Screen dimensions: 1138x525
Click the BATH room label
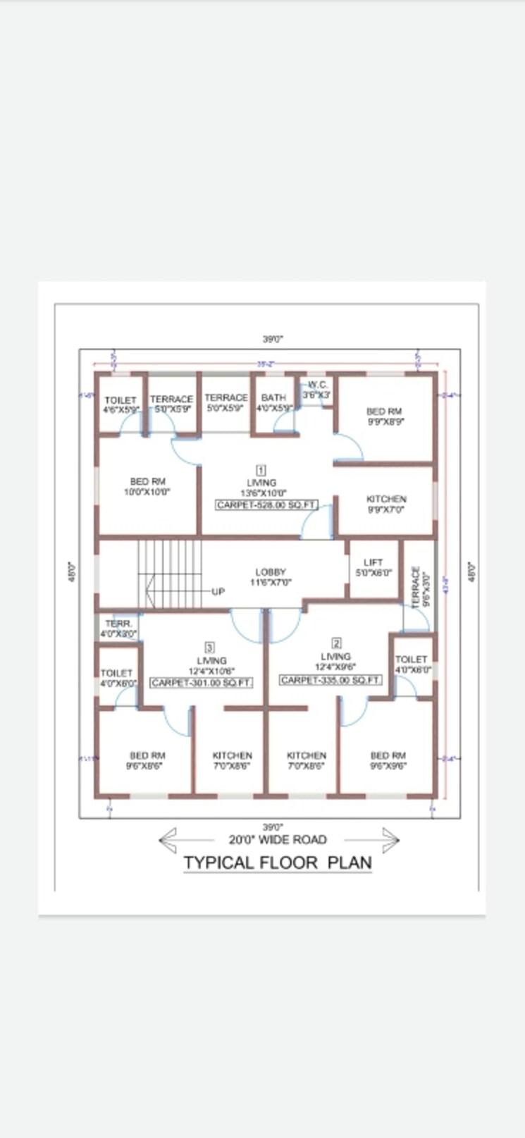tap(273, 398)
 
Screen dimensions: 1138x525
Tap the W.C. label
tap(316, 385)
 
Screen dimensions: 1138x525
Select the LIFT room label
tap(373, 562)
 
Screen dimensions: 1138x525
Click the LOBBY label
tap(271, 572)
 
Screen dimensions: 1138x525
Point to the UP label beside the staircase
tap(218, 591)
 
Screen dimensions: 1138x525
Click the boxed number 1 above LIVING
tap(261, 470)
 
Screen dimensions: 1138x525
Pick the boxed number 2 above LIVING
tap(336, 643)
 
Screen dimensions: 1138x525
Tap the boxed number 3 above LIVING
tap(209, 647)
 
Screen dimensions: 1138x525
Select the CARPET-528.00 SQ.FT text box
tap(266, 505)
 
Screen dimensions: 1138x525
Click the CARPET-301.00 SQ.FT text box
tap(202, 683)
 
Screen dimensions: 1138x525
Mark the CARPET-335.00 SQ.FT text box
tap(331, 680)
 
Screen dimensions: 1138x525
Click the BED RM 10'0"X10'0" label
tap(147, 487)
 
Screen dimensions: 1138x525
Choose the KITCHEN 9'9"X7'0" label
tap(386, 504)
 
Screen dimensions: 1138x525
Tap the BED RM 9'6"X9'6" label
tap(388, 760)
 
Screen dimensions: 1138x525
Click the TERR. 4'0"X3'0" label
tap(118, 629)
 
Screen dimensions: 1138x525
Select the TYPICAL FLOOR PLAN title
tap(278, 862)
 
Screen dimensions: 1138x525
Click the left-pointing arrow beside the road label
tap(168, 839)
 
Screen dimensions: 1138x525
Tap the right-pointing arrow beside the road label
tap(390, 839)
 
